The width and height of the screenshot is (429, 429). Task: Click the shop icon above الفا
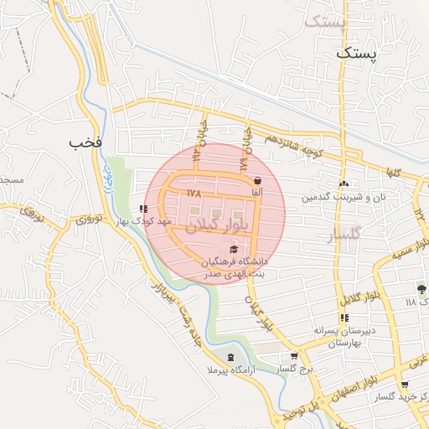coord(256,179)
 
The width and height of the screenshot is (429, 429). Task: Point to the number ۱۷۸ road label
coord(195,193)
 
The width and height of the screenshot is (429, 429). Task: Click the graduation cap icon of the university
coord(233,249)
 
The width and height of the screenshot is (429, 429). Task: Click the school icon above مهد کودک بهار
coord(144,209)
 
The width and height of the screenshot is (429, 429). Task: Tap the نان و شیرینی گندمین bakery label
coord(343,198)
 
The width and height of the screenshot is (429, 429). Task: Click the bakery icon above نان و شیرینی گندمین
coord(343,183)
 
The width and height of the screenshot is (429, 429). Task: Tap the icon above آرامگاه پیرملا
coord(220,358)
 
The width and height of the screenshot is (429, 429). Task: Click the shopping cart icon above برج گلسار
coord(282,355)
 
